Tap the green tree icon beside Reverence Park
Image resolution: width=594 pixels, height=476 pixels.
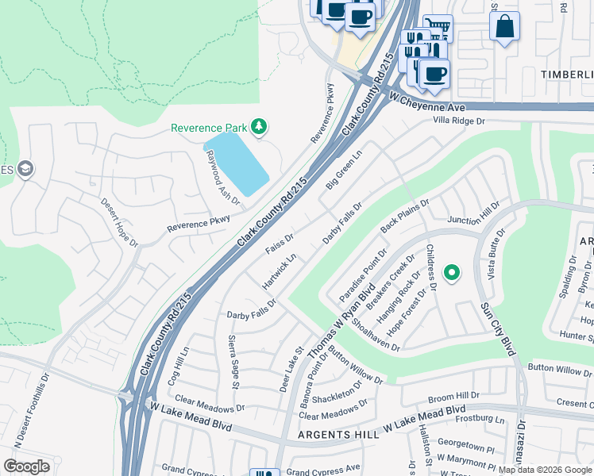(x=258, y=126)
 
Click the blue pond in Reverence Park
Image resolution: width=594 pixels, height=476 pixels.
(x=237, y=163)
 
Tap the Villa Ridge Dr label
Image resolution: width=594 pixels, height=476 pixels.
(x=458, y=121)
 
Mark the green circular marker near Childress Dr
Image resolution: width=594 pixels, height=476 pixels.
(x=452, y=274)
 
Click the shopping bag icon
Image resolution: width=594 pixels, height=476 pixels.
(x=504, y=26)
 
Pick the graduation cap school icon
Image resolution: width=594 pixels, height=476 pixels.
(x=25, y=168)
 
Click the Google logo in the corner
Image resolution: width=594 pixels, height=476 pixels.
(x=27, y=466)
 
